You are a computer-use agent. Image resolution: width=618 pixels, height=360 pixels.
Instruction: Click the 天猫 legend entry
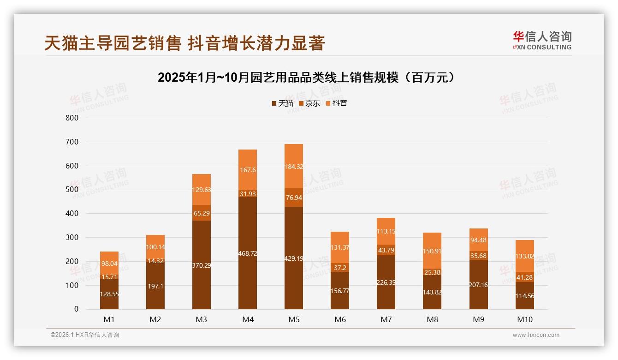[282, 103]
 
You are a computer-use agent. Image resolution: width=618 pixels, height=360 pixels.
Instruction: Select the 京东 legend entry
[309, 103]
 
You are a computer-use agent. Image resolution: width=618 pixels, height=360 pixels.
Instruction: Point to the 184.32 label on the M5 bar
[294, 167]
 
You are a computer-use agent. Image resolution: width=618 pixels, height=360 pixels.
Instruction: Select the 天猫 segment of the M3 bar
[202, 265]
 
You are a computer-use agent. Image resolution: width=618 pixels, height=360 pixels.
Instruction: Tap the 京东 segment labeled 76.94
[294, 198]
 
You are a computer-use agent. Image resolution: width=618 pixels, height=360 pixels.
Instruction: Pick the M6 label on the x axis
[340, 319]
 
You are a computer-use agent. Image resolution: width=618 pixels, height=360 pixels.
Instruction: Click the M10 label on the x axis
[524, 319]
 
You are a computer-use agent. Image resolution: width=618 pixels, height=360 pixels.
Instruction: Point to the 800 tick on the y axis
[72, 118]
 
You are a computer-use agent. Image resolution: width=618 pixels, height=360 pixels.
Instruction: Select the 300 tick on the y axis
[72, 237]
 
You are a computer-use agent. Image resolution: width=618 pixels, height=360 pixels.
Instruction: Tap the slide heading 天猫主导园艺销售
[184, 43]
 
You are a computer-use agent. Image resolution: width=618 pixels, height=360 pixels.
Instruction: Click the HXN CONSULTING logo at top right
[542, 41]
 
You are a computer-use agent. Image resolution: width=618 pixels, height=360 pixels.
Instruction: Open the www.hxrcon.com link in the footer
[536, 335]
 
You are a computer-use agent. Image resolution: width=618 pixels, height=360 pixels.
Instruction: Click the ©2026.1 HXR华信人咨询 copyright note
[85, 335]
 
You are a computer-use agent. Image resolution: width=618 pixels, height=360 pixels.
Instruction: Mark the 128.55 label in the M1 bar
[109, 294]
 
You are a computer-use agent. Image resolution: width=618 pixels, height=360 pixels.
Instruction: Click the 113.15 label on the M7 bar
[386, 231]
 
